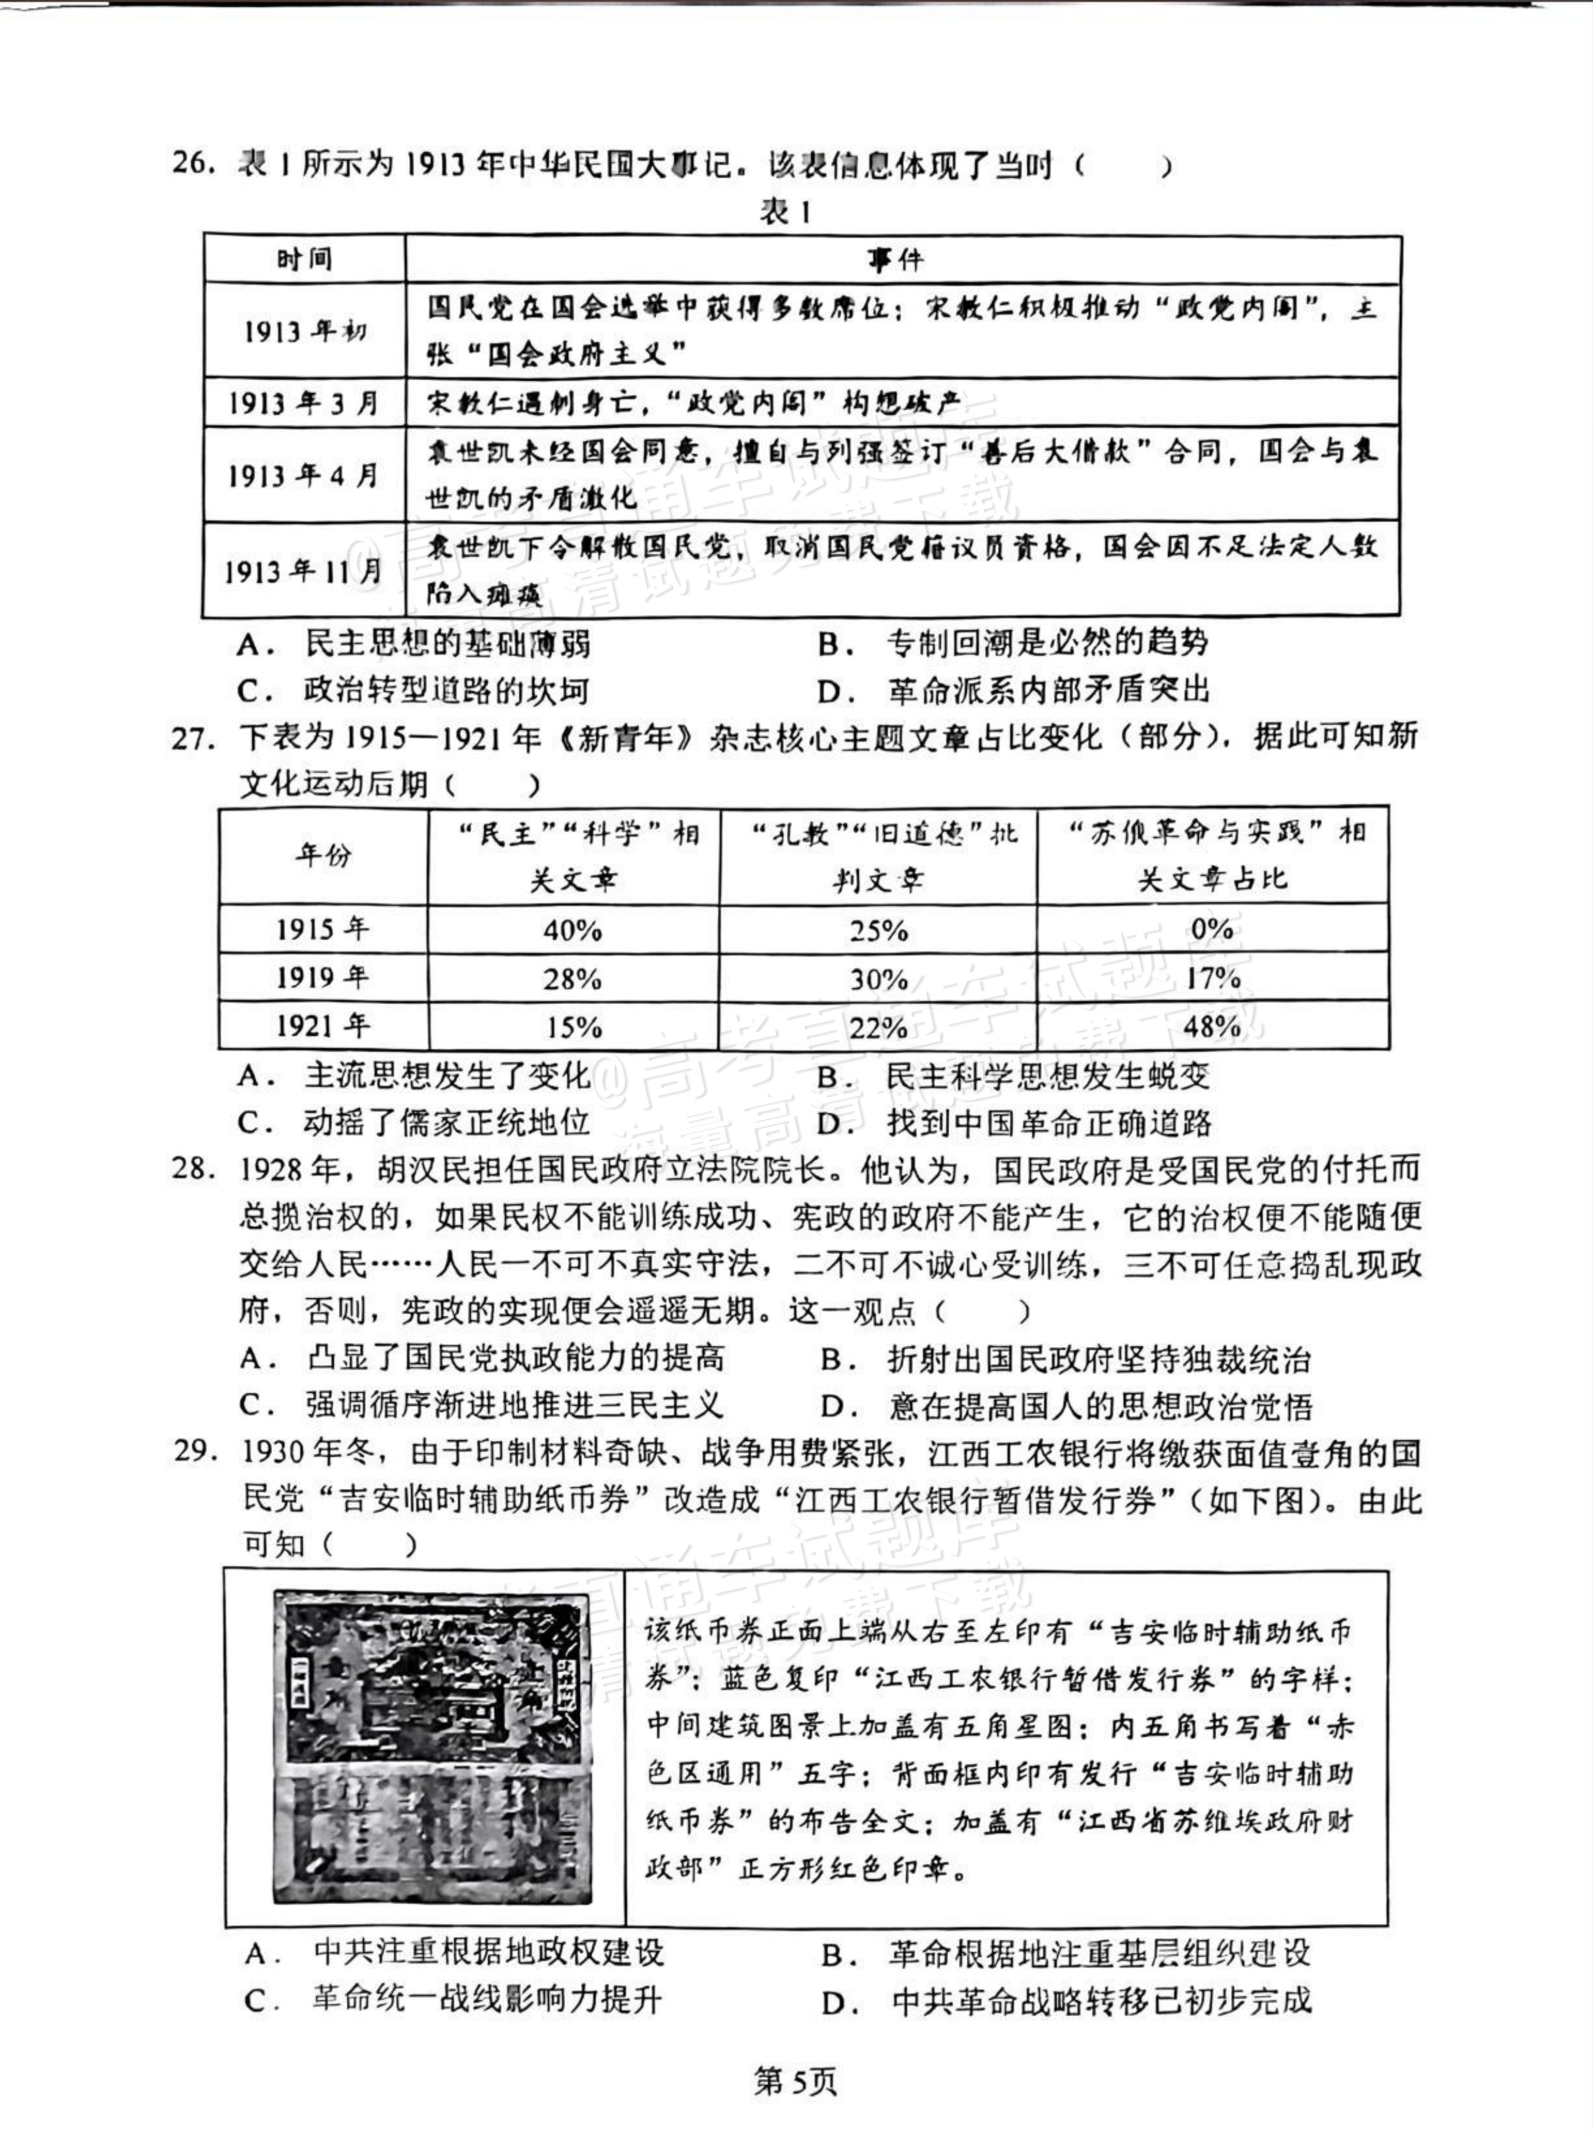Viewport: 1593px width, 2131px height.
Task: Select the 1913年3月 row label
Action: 303,403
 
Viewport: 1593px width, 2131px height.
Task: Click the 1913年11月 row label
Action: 303,571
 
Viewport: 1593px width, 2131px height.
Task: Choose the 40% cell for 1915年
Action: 572,930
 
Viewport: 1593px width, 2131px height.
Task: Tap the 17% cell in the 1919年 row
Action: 1212,979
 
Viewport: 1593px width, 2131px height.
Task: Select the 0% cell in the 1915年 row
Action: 1212,929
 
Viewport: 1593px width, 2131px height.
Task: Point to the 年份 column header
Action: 322,855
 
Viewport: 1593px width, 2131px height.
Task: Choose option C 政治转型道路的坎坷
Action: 414,691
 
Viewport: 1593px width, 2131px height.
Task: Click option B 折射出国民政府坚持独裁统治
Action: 1065,1360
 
